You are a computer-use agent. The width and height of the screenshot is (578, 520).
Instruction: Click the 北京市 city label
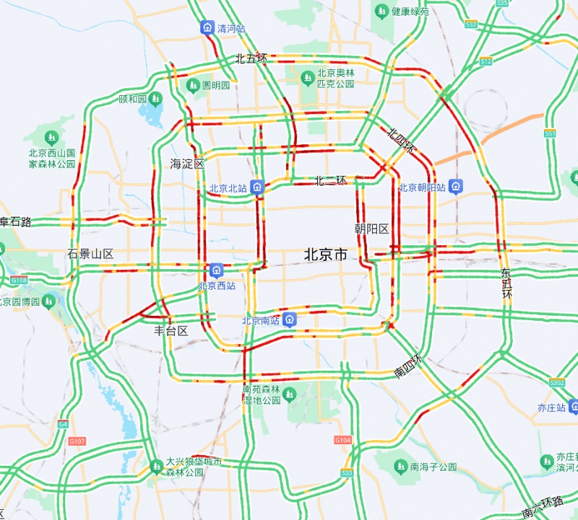(325, 254)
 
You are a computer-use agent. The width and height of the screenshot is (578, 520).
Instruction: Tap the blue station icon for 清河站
(207, 28)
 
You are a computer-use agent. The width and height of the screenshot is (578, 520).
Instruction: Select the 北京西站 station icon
(216, 270)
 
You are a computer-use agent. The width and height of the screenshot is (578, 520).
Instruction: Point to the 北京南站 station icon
(290, 320)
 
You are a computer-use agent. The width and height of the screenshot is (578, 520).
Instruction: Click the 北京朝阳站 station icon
(456, 187)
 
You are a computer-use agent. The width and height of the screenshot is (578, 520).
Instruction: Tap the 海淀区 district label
(187, 163)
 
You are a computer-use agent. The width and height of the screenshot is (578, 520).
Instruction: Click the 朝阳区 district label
(371, 229)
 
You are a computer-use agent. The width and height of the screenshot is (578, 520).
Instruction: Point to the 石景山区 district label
(90, 254)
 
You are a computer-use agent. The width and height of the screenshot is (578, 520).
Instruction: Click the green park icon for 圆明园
(192, 85)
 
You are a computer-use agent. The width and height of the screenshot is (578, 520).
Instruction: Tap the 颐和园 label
(133, 99)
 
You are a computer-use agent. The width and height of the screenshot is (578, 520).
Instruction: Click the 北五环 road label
(251, 58)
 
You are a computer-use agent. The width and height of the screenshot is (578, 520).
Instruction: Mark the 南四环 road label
(407, 366)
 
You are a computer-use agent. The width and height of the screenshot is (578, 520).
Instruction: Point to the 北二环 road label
(330, 180)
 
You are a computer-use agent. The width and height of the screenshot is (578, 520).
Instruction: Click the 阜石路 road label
(16, 221)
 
